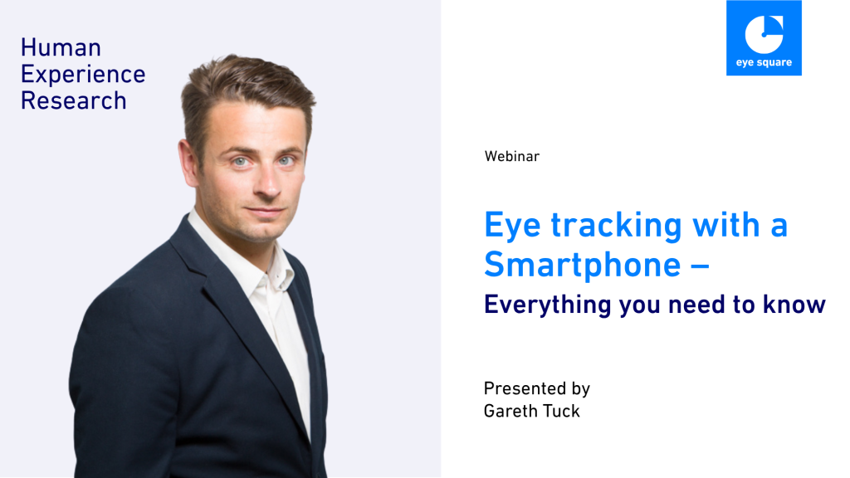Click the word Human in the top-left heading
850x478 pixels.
(61, 47)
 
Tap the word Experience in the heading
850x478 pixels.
(83, 75)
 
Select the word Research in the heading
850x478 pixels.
(74, 100)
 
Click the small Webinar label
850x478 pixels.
(511, 157)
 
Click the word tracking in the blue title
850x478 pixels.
(617, 225)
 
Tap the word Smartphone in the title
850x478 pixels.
(582, 266)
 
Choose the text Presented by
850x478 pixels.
(537, 388)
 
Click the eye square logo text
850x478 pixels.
(764, 62)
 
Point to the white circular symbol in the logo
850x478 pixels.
(764, 35)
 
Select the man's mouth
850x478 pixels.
(264, 211)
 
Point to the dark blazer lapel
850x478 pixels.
(227, 304)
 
